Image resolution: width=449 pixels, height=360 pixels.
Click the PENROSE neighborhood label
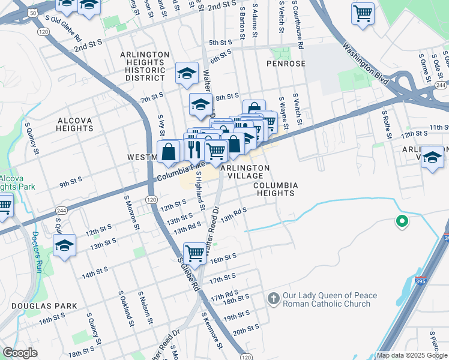(287, 64)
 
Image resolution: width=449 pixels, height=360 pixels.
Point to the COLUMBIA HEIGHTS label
(274, 189)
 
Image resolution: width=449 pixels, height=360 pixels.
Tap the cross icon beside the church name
(273, 298)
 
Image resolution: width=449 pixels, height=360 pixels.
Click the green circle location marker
(402, 222)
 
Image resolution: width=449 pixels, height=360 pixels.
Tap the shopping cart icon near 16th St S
(195, 253)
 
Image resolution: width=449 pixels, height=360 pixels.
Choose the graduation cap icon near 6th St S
(187, 74)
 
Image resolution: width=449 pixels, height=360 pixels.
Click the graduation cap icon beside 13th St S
(64, 245)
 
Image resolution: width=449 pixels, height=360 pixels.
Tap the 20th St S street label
(246, 329)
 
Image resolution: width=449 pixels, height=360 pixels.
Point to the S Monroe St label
(132, 212)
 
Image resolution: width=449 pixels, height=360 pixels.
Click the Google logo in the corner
(20, 353)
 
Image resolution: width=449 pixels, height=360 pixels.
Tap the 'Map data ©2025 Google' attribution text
(412, 355)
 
